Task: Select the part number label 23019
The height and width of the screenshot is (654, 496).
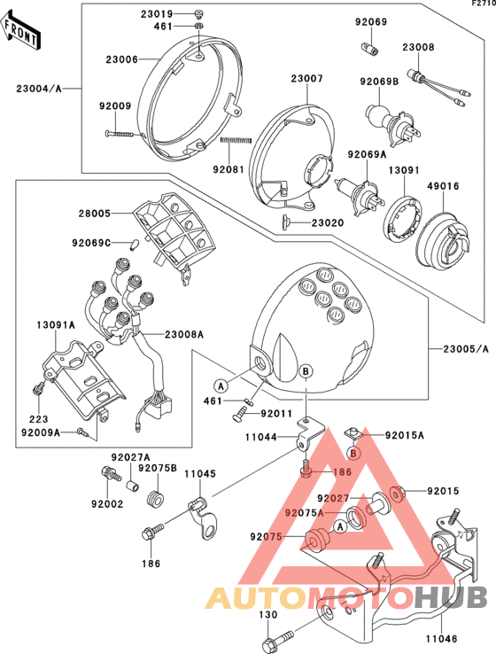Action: pos(156,14)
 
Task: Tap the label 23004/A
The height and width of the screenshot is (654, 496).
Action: pos(39,89)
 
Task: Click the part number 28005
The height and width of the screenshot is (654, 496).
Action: pos(96,214)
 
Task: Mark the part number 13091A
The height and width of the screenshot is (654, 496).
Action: pos(57,325)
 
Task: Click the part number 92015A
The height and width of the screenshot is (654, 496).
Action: pos(404,435)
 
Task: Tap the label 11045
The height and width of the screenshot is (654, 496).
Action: pos(200,474)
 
